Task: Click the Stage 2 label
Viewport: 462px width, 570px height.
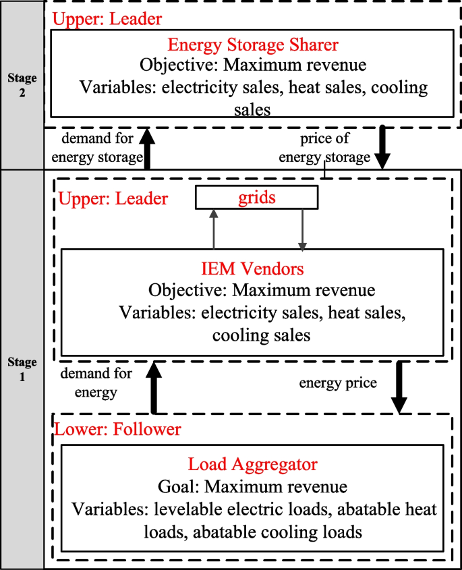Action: pyautogui.click(x=22, y=85)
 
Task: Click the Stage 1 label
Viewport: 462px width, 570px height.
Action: pyautogui.click(x=22, y=370)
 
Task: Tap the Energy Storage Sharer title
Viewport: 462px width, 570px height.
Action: pyautogui.click(x=253, y=45)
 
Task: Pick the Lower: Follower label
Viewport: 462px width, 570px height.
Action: pyautogui.click(x=118, y=430)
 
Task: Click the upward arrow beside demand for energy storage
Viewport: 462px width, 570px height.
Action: pyautogui.click(x=148, y=148)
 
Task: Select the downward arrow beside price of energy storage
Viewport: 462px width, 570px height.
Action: pyautogui.click(x=383, y=148)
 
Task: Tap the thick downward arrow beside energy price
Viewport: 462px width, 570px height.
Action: pyautogui.click(x=399, y=387)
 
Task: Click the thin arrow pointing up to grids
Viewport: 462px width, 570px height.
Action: pyautogui.click(x=214, y=229)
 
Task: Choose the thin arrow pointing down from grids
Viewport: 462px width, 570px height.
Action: pyautogui.click(x=303, y=229)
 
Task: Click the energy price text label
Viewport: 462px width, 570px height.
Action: pyautogui.click(x=338, y=382)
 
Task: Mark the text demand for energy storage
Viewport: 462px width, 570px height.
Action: pyautogui.click(x=102, y=148)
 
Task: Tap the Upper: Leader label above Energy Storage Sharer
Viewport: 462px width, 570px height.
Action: pyautogui.click(x=107, y=18)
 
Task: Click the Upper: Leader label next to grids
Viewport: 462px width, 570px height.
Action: pyautogui.click(x=113, y=199)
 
